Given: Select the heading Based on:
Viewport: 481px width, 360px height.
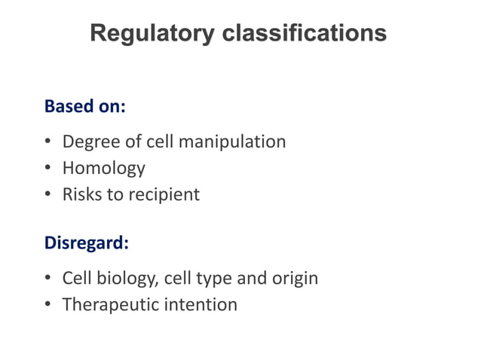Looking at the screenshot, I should point(84,106).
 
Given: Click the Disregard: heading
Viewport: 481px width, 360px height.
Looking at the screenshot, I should point(87,243).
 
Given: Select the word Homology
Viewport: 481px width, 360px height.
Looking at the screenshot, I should point(103,168).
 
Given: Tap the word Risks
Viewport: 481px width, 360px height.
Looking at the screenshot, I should point(81,194).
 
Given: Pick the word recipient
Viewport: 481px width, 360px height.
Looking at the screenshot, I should point(164,194).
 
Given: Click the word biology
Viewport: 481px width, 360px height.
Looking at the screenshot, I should point(127,278).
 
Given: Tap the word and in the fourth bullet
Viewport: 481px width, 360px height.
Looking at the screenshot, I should point(251,278).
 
